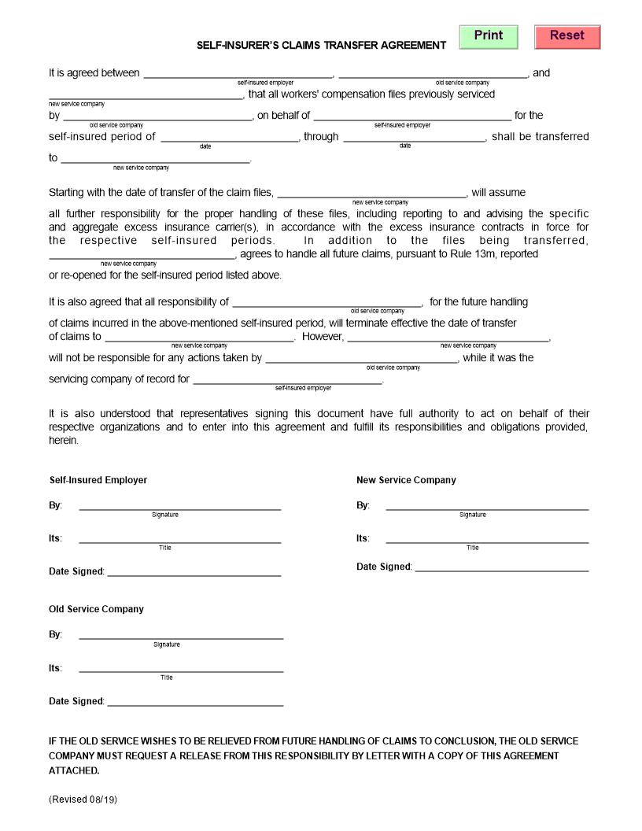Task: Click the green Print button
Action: coord(488,36)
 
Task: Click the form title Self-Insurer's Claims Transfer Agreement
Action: coord(321,46)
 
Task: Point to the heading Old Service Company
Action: coord(96,609)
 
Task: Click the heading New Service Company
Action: coord(406,480)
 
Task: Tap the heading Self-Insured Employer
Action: coord(98,480)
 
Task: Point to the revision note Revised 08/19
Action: coord(83,799)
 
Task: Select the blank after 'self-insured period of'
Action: coord(230,137)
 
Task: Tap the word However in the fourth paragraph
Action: coord(323,337)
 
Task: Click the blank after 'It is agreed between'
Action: coord(238,73)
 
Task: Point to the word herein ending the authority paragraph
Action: coord(64,441)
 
